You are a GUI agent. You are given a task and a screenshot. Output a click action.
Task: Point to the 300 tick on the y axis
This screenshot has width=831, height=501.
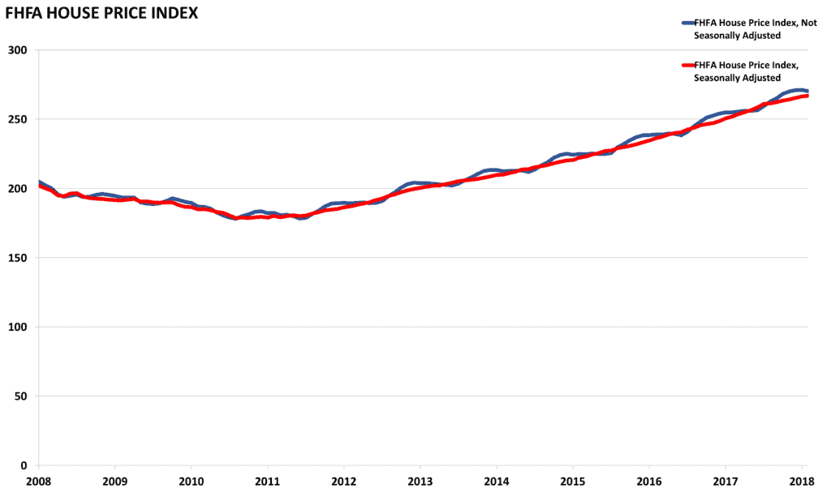tap(19, 50)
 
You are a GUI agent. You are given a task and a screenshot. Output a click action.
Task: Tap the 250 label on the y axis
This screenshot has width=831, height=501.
tap(19, 119)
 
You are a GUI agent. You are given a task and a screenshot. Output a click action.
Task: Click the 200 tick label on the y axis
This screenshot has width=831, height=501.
tap(19, 189)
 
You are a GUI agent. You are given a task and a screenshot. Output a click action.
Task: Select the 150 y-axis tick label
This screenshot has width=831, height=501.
tap(19, 258)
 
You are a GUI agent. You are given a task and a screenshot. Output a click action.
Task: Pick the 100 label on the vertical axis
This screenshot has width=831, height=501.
tap(19, 328)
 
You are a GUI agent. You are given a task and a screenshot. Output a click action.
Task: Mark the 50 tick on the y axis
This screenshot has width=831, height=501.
tap(22, 396)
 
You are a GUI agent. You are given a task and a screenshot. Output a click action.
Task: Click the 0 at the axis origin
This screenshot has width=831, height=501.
tap(25, 465)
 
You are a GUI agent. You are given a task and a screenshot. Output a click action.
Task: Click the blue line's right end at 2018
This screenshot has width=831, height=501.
tap(807, 91)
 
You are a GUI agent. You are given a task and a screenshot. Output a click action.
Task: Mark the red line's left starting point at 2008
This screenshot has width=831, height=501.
tap(39, 186)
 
